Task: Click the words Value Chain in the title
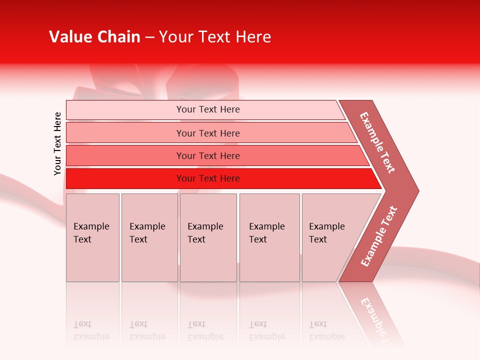click(x=94, y=37)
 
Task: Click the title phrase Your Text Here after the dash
click(x=215, y=37)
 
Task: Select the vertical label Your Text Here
click(x=57, y=143)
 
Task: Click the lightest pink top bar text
click(x=208, y=109)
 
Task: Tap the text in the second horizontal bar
click(x=208, y=133)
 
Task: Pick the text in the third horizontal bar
click(x=208, y=156)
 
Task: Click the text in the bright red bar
click(x=208, y=178)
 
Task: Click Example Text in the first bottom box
click(x=91, y=233)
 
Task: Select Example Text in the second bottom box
click(x=147, y=233)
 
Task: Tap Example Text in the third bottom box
click(x=205, y=233)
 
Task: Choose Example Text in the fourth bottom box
click(x=266, y=233)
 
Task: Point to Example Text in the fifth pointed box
click(x=326, y=233)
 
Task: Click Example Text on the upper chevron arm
click(x=377, y=142)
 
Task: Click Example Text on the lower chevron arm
click(x=379, y=236)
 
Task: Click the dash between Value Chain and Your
click(x=149, y=37)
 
